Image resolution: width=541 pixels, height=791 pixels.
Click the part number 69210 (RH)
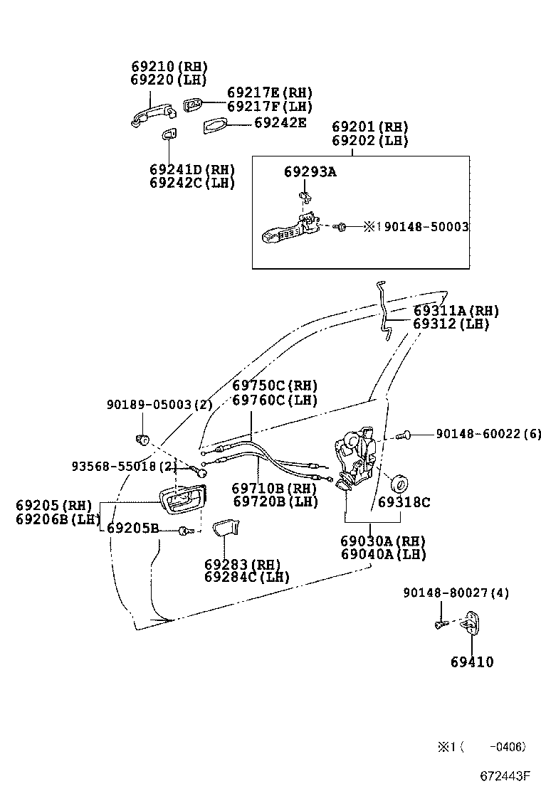pyautogui.click(x=164, y=66)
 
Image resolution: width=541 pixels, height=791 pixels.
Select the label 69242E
pyautogui.click(x=280, y=123)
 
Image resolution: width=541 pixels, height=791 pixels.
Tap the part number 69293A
pyautogui.click(x=310, y=171)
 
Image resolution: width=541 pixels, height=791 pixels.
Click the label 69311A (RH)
pyautogui.click(x=456, y=311)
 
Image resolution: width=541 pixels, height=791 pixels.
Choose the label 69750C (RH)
pyautogui.click(x=275, y=386)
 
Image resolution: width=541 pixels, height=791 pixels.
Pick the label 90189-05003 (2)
pyautogui.click(x=159, y=405)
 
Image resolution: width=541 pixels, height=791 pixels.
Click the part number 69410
pyautogui.click(x=471, y=662)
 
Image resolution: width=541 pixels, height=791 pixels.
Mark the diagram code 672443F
pyautogui.click(x=504, y=775)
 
